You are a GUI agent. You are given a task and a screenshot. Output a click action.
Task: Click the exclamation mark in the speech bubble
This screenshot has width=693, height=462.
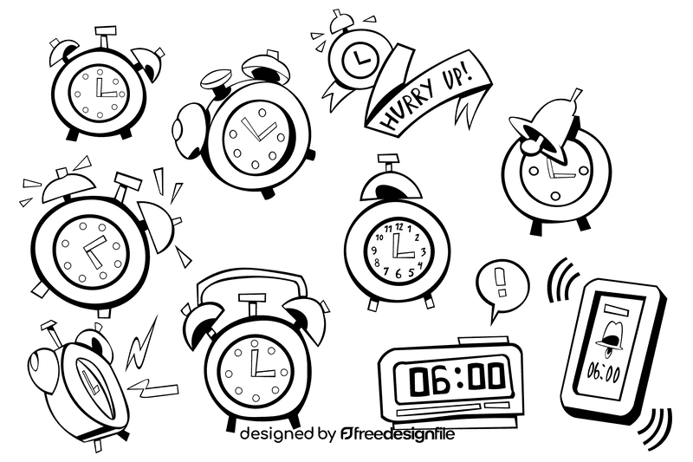coord(502,282)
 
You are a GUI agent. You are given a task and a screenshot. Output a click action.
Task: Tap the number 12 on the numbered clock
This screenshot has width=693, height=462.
coord(399,227)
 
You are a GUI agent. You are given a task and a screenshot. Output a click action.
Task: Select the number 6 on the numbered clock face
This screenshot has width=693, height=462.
coord(398,274)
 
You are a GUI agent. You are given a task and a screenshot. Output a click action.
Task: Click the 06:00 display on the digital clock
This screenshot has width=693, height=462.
coord(457,379)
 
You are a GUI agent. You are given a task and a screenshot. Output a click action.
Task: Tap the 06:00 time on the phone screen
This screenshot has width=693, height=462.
coord(603,372)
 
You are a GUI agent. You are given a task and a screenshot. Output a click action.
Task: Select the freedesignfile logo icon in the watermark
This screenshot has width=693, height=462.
coord(347,433)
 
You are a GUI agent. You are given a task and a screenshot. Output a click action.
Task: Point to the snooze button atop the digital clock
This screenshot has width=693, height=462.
coord(483,341)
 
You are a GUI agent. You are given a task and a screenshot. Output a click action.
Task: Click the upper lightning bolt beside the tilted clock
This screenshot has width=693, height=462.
coord(142,344)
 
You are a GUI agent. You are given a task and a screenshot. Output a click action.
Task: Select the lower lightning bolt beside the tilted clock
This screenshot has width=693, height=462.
coord(153,387)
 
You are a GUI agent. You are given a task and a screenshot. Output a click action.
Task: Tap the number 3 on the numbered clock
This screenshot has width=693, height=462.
coord(423,252)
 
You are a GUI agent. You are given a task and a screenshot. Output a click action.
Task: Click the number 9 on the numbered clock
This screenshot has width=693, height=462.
coord(374,251)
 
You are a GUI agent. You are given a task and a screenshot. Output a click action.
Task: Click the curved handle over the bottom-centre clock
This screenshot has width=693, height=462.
coord(250,279)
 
